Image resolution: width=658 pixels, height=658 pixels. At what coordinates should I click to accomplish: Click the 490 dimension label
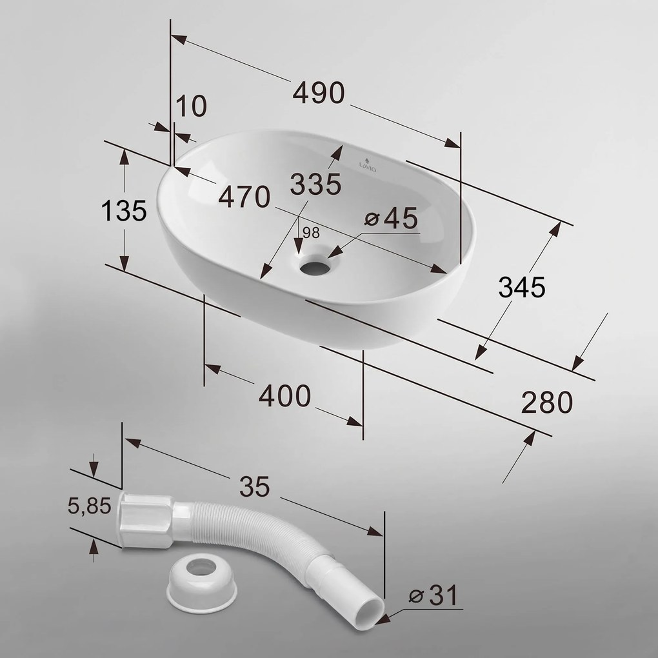319,93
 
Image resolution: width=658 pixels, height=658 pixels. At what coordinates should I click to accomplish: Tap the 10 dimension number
191,106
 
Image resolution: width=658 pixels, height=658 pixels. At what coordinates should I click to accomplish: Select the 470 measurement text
244,197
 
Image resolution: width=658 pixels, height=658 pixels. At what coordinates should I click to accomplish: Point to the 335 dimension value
315,184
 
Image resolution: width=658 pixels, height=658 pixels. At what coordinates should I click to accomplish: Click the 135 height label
124,210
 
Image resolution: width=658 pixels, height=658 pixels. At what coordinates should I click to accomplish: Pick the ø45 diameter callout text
391,218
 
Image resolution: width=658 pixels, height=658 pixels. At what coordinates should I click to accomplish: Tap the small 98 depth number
311,232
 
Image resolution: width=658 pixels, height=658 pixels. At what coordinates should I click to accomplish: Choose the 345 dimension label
522,288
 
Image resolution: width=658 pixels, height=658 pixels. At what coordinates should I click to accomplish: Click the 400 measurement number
285,395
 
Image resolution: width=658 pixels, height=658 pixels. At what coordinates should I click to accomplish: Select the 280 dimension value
547,402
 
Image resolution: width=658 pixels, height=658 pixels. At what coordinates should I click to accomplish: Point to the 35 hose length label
254,487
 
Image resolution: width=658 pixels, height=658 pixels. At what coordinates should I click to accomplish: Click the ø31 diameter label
434,595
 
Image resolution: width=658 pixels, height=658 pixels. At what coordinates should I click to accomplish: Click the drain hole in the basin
314,268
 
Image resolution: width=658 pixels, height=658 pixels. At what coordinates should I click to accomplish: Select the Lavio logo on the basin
368,165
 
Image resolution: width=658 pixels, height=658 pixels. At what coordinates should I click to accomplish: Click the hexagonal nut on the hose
146,521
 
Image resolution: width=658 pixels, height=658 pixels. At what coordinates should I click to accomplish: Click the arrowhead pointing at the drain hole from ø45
334,253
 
